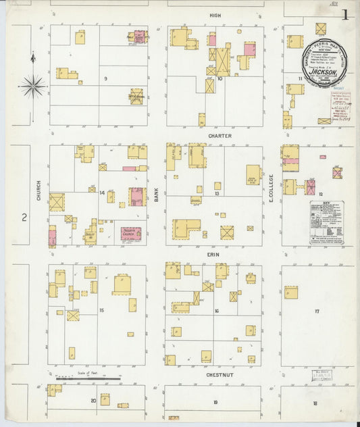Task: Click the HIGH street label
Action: click(215, 15)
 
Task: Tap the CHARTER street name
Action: click(220, 136)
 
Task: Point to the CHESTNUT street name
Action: click(220, 374)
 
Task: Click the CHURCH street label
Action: click(38, 194)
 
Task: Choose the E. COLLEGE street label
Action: click(272, 193)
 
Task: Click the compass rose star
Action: click(32, 86)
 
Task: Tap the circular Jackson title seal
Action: click(324, 63)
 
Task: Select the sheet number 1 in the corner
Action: click(344, 14)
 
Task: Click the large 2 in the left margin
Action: click(24, 217)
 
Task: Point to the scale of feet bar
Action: click(88, 379)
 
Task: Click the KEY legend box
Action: click(326, 222)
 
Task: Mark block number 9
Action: click(105, 79)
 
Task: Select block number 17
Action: click(316, 311)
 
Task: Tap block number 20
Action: click(93, 401)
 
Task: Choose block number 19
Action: click(215, 402)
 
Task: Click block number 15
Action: click(101, 310)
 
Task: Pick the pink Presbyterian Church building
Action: click(131, 234)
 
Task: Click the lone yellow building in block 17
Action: click(291, 293)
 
